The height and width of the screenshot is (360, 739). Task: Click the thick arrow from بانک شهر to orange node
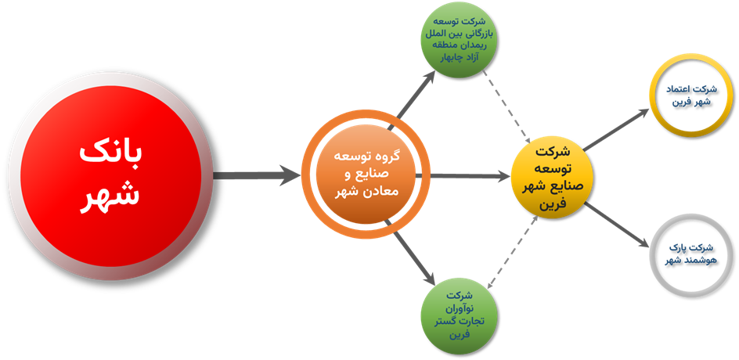(x=254, y=176)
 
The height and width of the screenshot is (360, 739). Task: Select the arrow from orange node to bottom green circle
(x=414, y=257)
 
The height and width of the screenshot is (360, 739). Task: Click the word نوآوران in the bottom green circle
(x=456, y=308)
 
